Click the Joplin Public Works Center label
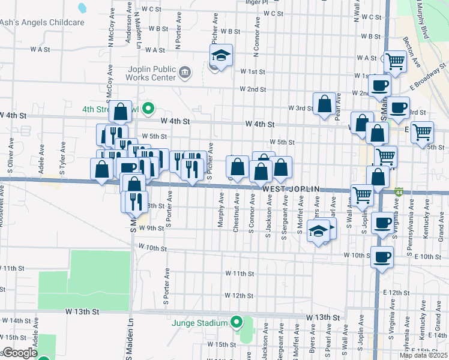(x=151, y=73)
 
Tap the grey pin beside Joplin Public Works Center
(x=185, y=73)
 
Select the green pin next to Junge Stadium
(x=237, y=322)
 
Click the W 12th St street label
(x=240, y=296)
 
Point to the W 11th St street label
(x=240, y=274)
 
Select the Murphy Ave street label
(x=221, y=210)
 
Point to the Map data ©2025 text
(x=423, y=355)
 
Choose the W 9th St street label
(x=151, y=228)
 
